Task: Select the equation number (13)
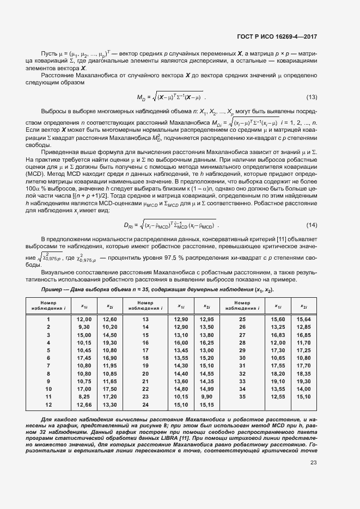tap(312, 97)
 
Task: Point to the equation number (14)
tap(312, 210)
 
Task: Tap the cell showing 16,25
tap(206, 342)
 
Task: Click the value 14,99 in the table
tap(206, 390)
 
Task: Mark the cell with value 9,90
tap(206, 397)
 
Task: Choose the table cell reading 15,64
tap(303, 319)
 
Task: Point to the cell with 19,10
tap(278, 382)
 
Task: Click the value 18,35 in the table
tap(303, 374)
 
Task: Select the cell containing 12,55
tap(278, 397)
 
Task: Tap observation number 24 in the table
tap(145, 405)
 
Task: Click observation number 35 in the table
tap(242, 397)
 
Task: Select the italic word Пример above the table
tap(53, 290)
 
